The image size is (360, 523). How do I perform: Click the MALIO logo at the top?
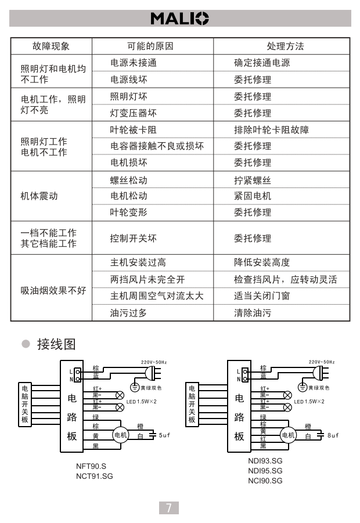179,19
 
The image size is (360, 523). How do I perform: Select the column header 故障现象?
51,46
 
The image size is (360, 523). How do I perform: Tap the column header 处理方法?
285,46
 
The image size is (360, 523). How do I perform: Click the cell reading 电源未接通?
134,63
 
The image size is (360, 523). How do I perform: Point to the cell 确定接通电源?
262,63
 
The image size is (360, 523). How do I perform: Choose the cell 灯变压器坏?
134,113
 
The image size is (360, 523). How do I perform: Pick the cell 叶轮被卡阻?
134,129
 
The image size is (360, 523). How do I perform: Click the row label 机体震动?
39,196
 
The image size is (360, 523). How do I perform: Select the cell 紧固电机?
253,196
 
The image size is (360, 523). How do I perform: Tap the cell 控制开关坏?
134,238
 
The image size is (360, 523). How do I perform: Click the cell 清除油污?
253,313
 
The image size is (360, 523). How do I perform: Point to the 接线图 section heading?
56,344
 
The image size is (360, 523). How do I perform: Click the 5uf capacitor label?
165,435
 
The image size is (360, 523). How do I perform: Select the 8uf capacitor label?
333,435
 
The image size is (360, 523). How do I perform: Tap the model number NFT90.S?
91,466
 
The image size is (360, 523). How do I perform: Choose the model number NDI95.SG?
265,471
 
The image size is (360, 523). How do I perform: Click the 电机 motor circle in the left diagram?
121,435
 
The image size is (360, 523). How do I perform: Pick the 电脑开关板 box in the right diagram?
192,404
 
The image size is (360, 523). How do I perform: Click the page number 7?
168,508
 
